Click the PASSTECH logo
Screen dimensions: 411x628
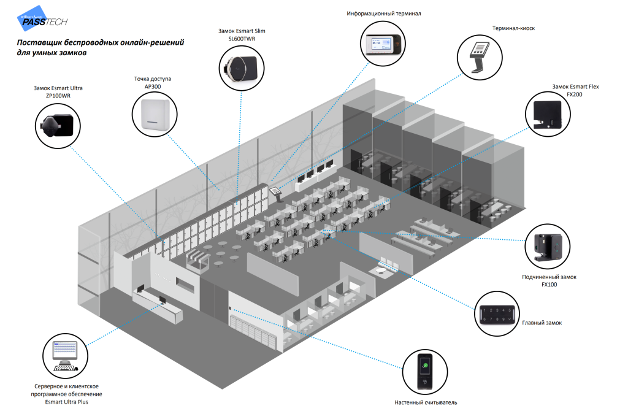point(42,21)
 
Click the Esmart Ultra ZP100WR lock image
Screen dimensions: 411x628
point(58,123)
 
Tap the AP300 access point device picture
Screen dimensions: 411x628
point(155,115)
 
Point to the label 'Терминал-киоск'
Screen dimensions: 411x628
point(513,28)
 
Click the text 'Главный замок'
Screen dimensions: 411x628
point(542,323)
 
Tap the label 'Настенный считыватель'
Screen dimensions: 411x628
point(426,402)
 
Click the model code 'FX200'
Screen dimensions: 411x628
point(575,94)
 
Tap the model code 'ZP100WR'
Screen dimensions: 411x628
point(58,96)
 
